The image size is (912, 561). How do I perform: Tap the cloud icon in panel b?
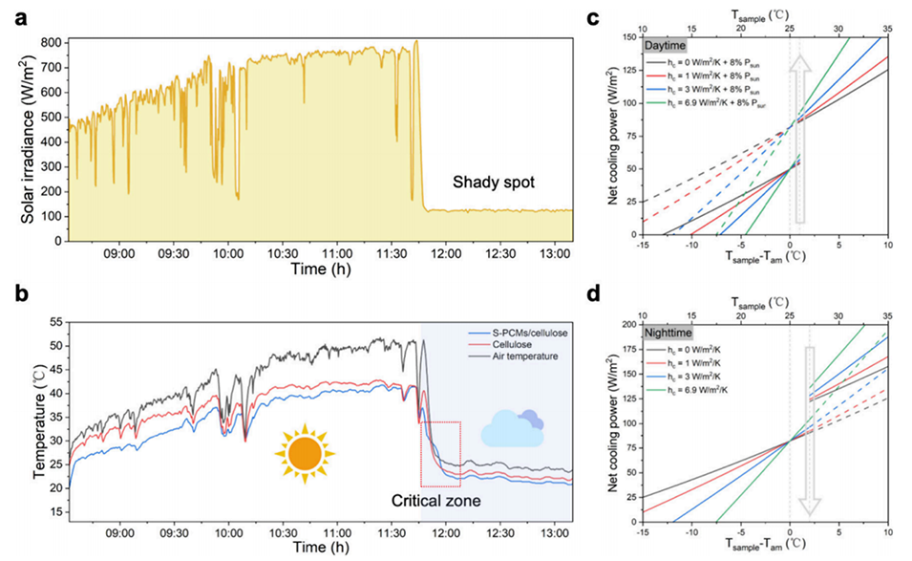tap(512, 428)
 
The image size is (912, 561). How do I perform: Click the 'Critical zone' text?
tap(437, 500)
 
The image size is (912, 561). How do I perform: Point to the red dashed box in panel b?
tap(440, 457)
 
